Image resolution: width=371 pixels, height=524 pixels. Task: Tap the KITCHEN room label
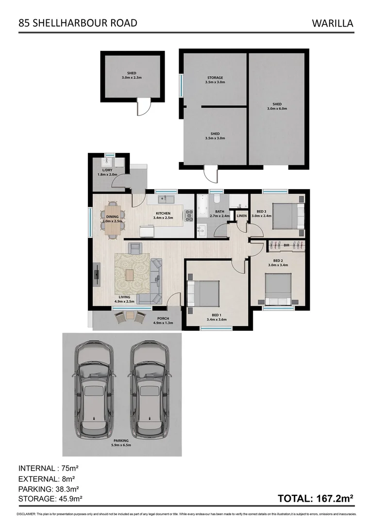pos(163,213)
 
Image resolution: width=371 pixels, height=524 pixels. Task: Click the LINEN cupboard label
pos(242,215)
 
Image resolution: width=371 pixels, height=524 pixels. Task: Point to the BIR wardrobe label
pos(287,246)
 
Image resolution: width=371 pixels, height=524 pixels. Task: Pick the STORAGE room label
pos(215,78)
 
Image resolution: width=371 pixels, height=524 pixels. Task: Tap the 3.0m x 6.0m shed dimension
pos(277,109)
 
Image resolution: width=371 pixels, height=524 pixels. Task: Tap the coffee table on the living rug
pos(129,275)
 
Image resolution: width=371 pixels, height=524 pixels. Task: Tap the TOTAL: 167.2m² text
pos(315,498)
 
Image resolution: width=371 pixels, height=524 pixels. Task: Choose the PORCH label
pos(163,319)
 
